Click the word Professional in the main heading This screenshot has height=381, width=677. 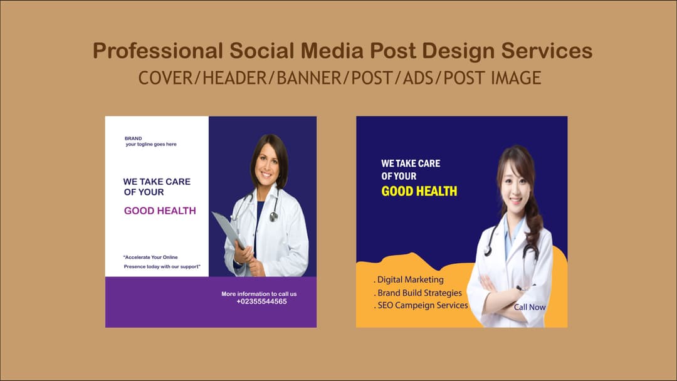click(157, 51)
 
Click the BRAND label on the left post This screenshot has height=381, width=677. click(133, 138)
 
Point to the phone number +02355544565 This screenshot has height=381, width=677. click(261, 301)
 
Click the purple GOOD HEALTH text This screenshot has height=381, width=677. click(160, 211)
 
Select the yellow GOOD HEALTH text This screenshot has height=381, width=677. click(419, 191)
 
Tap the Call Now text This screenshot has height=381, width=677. click(530, 307)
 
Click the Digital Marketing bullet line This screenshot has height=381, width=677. click(409, 279)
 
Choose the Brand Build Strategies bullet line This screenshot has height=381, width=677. click(418, 293)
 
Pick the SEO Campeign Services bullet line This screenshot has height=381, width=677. click(421, 305)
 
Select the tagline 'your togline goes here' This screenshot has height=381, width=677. click(151, 145)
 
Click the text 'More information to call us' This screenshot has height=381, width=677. click(259, 294)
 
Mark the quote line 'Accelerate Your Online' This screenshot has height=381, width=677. click(151, 257)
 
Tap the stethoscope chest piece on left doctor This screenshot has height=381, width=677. click(273, 217)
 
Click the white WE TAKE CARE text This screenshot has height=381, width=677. click(411, 163)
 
